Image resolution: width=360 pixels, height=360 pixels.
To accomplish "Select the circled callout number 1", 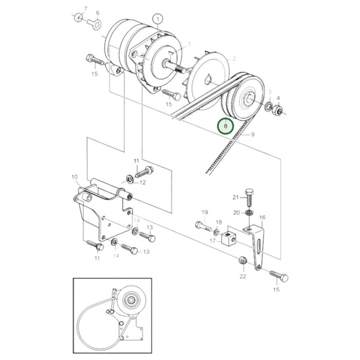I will coord(157,19).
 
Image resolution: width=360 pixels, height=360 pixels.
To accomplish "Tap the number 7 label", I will coord(85,8).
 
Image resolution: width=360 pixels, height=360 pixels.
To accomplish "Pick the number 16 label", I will coord(262,217).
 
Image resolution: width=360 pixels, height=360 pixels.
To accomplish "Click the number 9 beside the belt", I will coord(253,135).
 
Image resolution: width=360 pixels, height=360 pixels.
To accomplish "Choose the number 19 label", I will coord(205,212).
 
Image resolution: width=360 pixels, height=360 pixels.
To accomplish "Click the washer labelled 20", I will coord(248,215).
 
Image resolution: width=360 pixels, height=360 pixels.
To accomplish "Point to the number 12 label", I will coord(143,182).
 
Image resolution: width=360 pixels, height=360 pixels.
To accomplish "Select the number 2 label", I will coord(234,59).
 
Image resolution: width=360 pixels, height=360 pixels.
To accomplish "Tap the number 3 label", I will coord(269,91).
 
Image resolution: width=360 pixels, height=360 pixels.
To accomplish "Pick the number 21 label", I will coord(236,197).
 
